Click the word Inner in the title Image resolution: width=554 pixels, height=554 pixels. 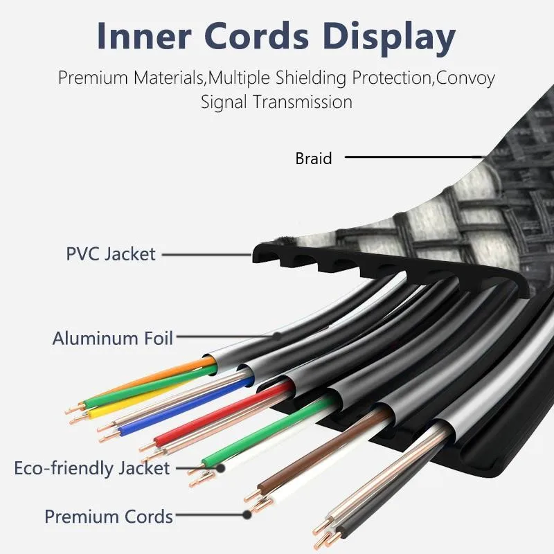[144, 36]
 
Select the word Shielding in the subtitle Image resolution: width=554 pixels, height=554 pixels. [310, 78]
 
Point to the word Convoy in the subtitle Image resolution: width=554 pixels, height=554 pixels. [465, 78]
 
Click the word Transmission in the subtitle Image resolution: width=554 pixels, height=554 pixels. [303, 102]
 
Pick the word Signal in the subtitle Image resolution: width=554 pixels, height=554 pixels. [224, 102]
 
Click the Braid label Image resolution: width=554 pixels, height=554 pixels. [314, 158]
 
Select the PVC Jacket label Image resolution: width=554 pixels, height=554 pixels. [111, 254]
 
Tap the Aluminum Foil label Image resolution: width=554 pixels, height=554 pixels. [113, 338]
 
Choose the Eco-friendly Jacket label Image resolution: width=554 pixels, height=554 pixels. [92, 468]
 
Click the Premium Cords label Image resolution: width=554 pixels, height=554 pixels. [109, 517]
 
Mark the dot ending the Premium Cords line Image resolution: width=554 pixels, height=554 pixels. [247, 515]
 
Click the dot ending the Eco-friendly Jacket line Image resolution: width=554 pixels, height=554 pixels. [220, 469]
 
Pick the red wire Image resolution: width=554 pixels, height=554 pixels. [222, 413]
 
